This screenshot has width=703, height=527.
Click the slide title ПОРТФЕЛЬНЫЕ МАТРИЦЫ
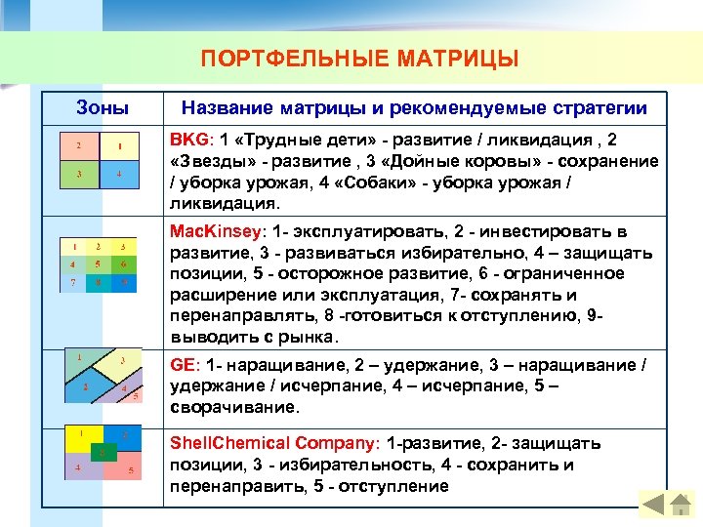(359, 60)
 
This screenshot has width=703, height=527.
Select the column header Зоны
(103, 106)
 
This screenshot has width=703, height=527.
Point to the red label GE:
(185, 364)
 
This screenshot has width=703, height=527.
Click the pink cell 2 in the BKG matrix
(78, 147)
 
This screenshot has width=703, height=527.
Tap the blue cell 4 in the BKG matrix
(118, 176)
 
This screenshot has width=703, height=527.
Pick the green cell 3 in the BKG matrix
(78, 176)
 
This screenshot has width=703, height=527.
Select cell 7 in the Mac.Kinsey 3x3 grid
(74, 282)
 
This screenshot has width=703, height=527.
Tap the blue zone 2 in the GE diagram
(86, 386)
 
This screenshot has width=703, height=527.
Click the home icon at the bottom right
(651, 505)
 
